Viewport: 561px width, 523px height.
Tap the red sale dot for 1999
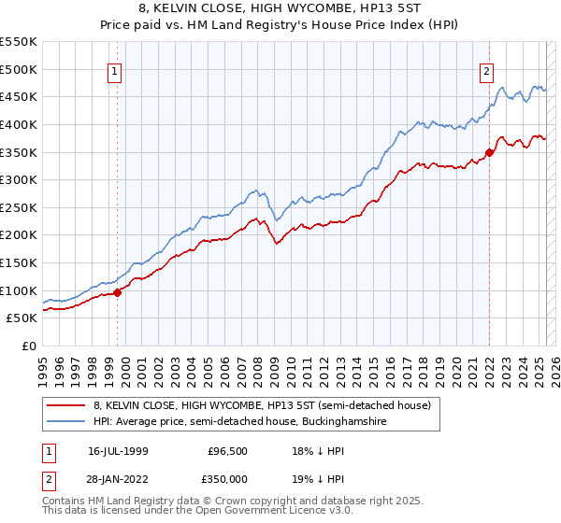click(118, 292)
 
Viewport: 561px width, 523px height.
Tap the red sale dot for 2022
click(489, 153)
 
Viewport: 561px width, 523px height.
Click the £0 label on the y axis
click(29, 346)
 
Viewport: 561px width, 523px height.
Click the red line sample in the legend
click(65, 406)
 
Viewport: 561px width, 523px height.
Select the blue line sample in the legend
click(65, 422)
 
